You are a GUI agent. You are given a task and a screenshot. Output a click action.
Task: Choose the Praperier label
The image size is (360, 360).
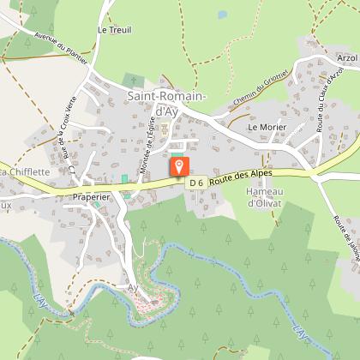click(93, 196)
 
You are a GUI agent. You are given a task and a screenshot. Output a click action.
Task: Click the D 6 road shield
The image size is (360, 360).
click(196, 183)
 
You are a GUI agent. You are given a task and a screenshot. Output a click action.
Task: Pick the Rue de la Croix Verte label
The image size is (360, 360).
click(66, 141)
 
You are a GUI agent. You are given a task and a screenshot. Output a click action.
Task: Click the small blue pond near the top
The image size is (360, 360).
click(223, 15)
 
